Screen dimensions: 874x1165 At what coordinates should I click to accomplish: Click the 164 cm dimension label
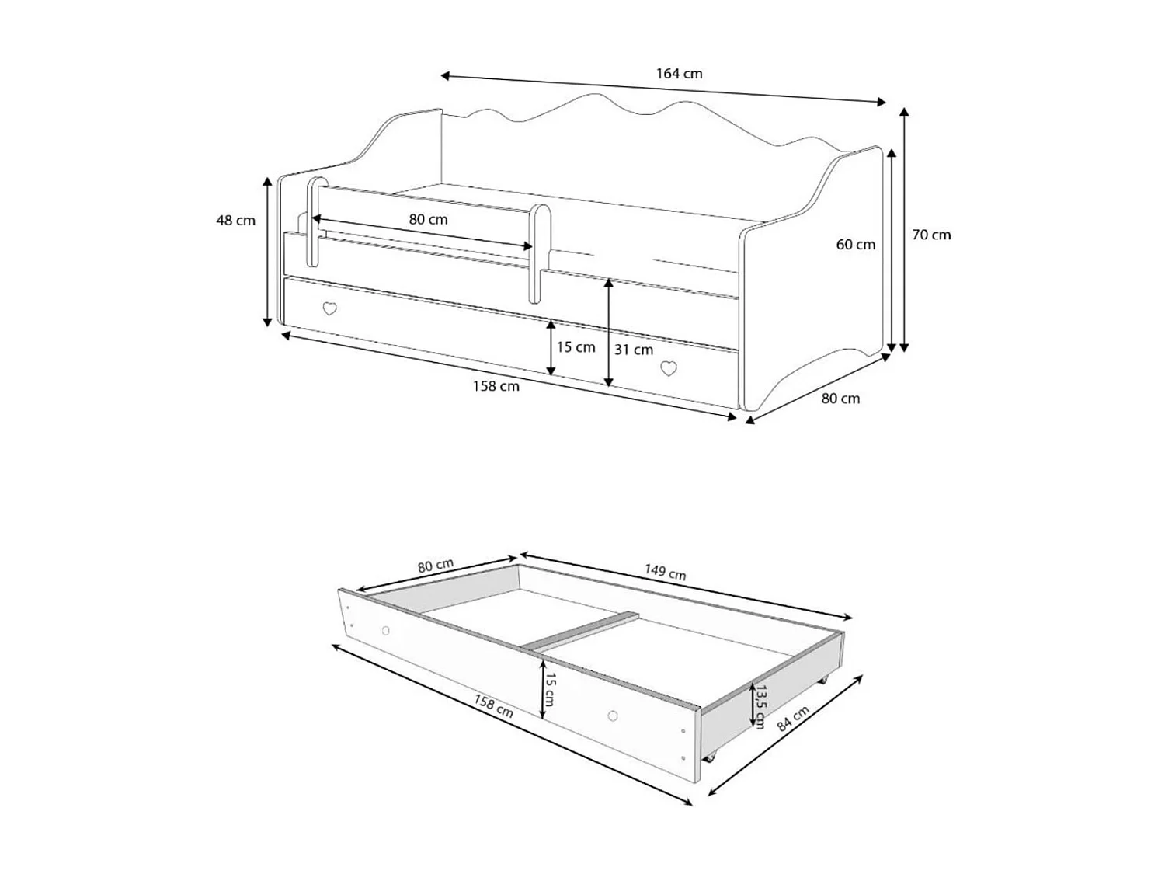pos(679,74)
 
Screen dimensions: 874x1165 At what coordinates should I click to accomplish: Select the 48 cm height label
pos(235,221)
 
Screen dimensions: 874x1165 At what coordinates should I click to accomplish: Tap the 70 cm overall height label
pos(930,235)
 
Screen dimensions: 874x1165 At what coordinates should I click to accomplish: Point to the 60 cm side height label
pos(855,245)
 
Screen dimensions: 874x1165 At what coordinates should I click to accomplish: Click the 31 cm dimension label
pos(633,350)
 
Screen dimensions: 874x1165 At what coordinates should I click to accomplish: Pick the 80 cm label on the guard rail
pos(428,220)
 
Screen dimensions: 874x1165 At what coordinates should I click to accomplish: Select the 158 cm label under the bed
pos(496,386)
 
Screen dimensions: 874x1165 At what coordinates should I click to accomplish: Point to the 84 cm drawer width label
pos(793,719)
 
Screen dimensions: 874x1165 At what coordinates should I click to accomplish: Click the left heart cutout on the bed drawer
pos(329,308)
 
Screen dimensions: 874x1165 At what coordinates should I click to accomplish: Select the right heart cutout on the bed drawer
pos(668,368)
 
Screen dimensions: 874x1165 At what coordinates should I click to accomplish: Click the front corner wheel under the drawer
pos(708,757)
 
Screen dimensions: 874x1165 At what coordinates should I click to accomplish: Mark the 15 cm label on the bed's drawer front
pos(576,347)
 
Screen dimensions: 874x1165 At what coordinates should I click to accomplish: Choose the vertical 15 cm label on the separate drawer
pos(549,688)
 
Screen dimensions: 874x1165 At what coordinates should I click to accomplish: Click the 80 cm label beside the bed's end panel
pos(840,399)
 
